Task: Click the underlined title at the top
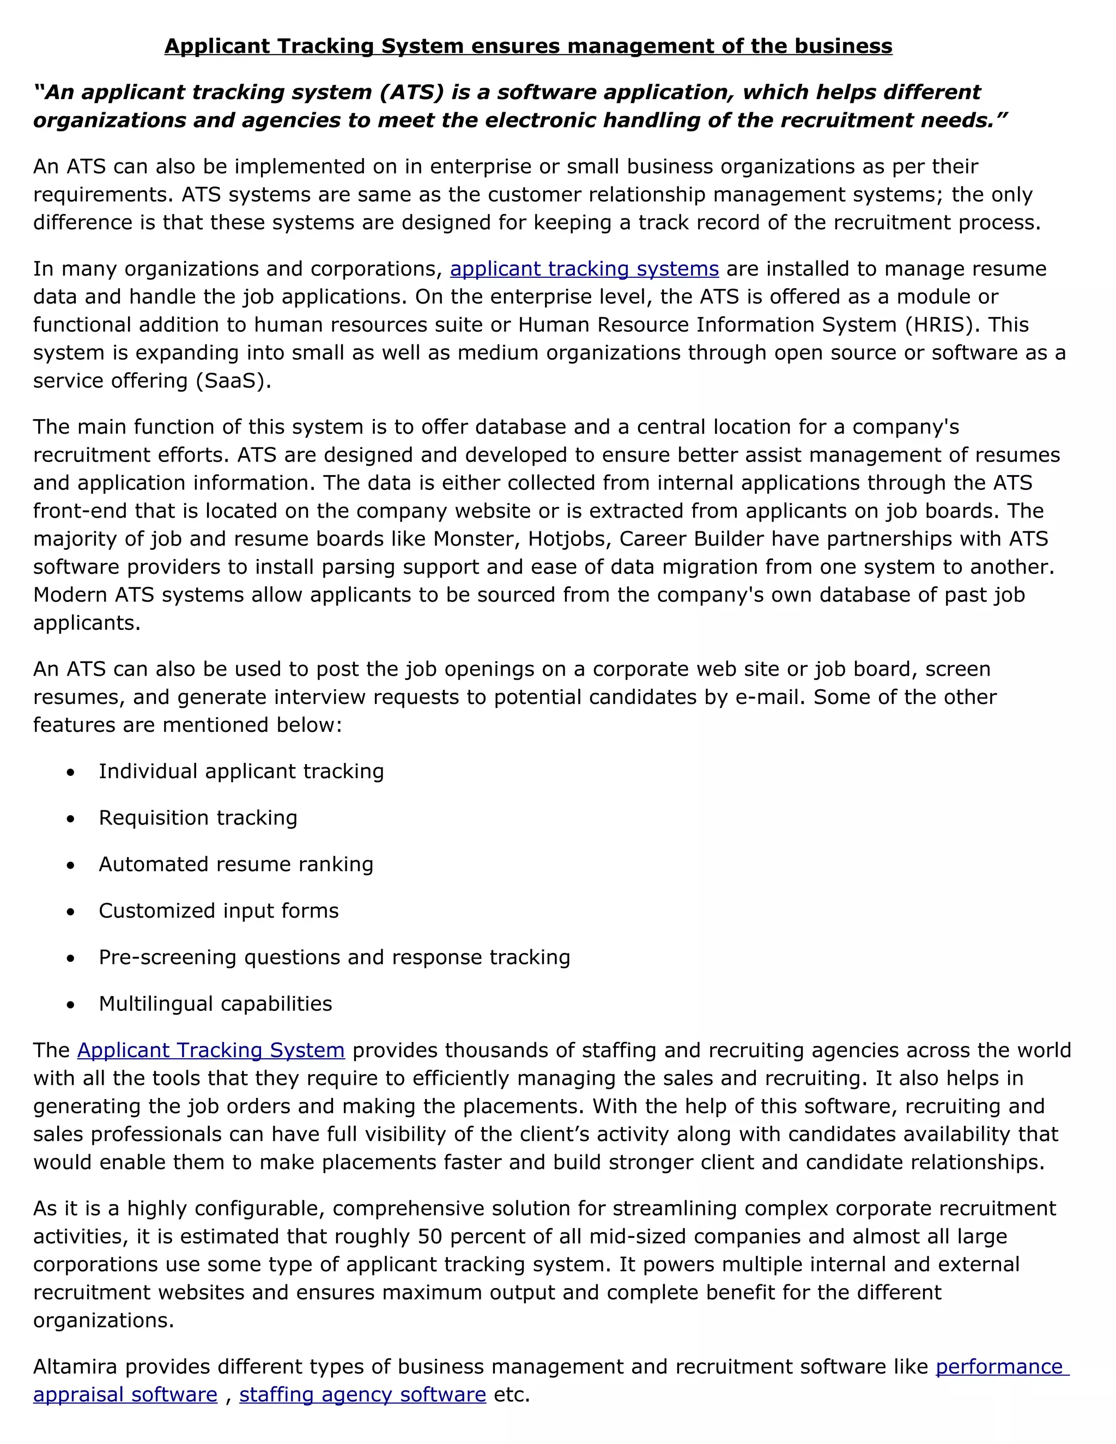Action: pos(527,46)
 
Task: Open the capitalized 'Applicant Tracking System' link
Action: pos(210,1050)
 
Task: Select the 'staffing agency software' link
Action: pos(362,1394)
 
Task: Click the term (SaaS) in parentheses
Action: pos(233,381)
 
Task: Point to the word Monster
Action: pos(475,539)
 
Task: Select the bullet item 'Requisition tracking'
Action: pos(198,818)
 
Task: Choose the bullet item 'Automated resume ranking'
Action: pos(236,864)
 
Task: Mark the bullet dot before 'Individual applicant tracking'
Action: pos(71,772)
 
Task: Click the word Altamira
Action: pos(75,1367)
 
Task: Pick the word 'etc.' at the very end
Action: pos(512,1394)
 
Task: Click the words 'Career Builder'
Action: pos(691,539)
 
